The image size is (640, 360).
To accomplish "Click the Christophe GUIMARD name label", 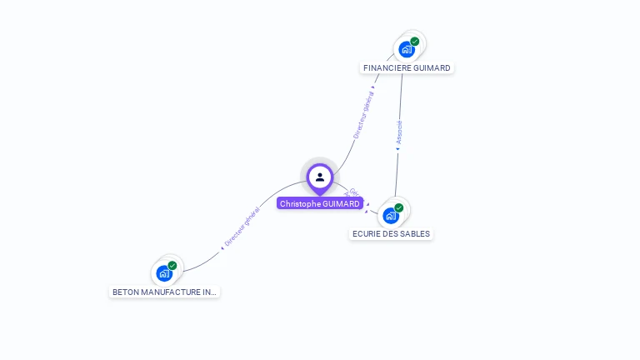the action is (320, 203).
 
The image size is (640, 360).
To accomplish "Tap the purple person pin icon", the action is (320, 177).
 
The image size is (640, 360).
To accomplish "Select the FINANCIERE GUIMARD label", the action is (407, 67).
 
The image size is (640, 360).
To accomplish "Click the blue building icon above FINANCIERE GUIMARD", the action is (406, 49).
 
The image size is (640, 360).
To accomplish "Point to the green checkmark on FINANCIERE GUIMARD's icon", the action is (414, 41).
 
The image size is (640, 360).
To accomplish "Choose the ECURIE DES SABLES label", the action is (391, 233).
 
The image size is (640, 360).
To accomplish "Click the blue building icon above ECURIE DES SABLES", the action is (390, 216).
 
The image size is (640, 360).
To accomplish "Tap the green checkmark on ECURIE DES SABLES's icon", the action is (398, 207).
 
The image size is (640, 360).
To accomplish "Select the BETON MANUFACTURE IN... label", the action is (164, 292).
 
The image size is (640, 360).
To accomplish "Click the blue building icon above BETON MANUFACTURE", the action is (163, 273).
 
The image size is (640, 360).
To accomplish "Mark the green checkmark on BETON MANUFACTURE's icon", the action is (172, 265).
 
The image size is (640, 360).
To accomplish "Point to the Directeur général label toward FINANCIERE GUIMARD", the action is (363, 114).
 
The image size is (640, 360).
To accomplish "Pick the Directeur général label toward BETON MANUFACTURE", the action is (242, 226).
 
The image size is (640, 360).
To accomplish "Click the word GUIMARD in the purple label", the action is (342, 203).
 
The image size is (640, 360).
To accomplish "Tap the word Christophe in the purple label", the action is (300, 203).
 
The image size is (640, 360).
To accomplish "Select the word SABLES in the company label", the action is (414, 233).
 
